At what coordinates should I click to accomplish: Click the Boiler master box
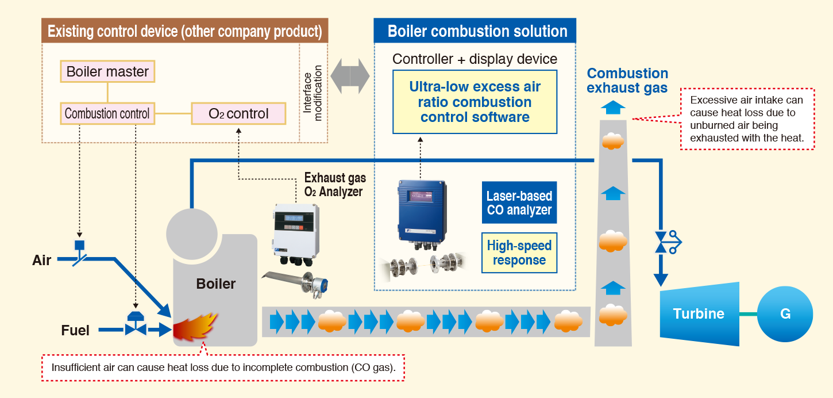coord(107,72)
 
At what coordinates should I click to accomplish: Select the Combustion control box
coord(107,113)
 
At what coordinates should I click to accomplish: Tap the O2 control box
coord(238,113)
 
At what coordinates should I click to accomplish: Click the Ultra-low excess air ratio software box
coord(475,102)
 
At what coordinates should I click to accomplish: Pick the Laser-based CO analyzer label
coord(519,203)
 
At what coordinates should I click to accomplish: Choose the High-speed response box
coord(519,252)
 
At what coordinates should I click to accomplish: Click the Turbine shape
coord(699,313)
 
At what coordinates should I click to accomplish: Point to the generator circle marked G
coord(785,314)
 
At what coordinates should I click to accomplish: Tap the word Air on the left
coord(42,261)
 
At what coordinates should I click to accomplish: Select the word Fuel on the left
coord(75,331)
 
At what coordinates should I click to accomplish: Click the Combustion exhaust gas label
coord(627,81)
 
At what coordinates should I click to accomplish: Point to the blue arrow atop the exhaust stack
coord(613,107)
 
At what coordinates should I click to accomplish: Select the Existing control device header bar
coord(184,31)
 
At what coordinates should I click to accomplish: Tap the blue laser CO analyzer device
coord(422,211)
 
